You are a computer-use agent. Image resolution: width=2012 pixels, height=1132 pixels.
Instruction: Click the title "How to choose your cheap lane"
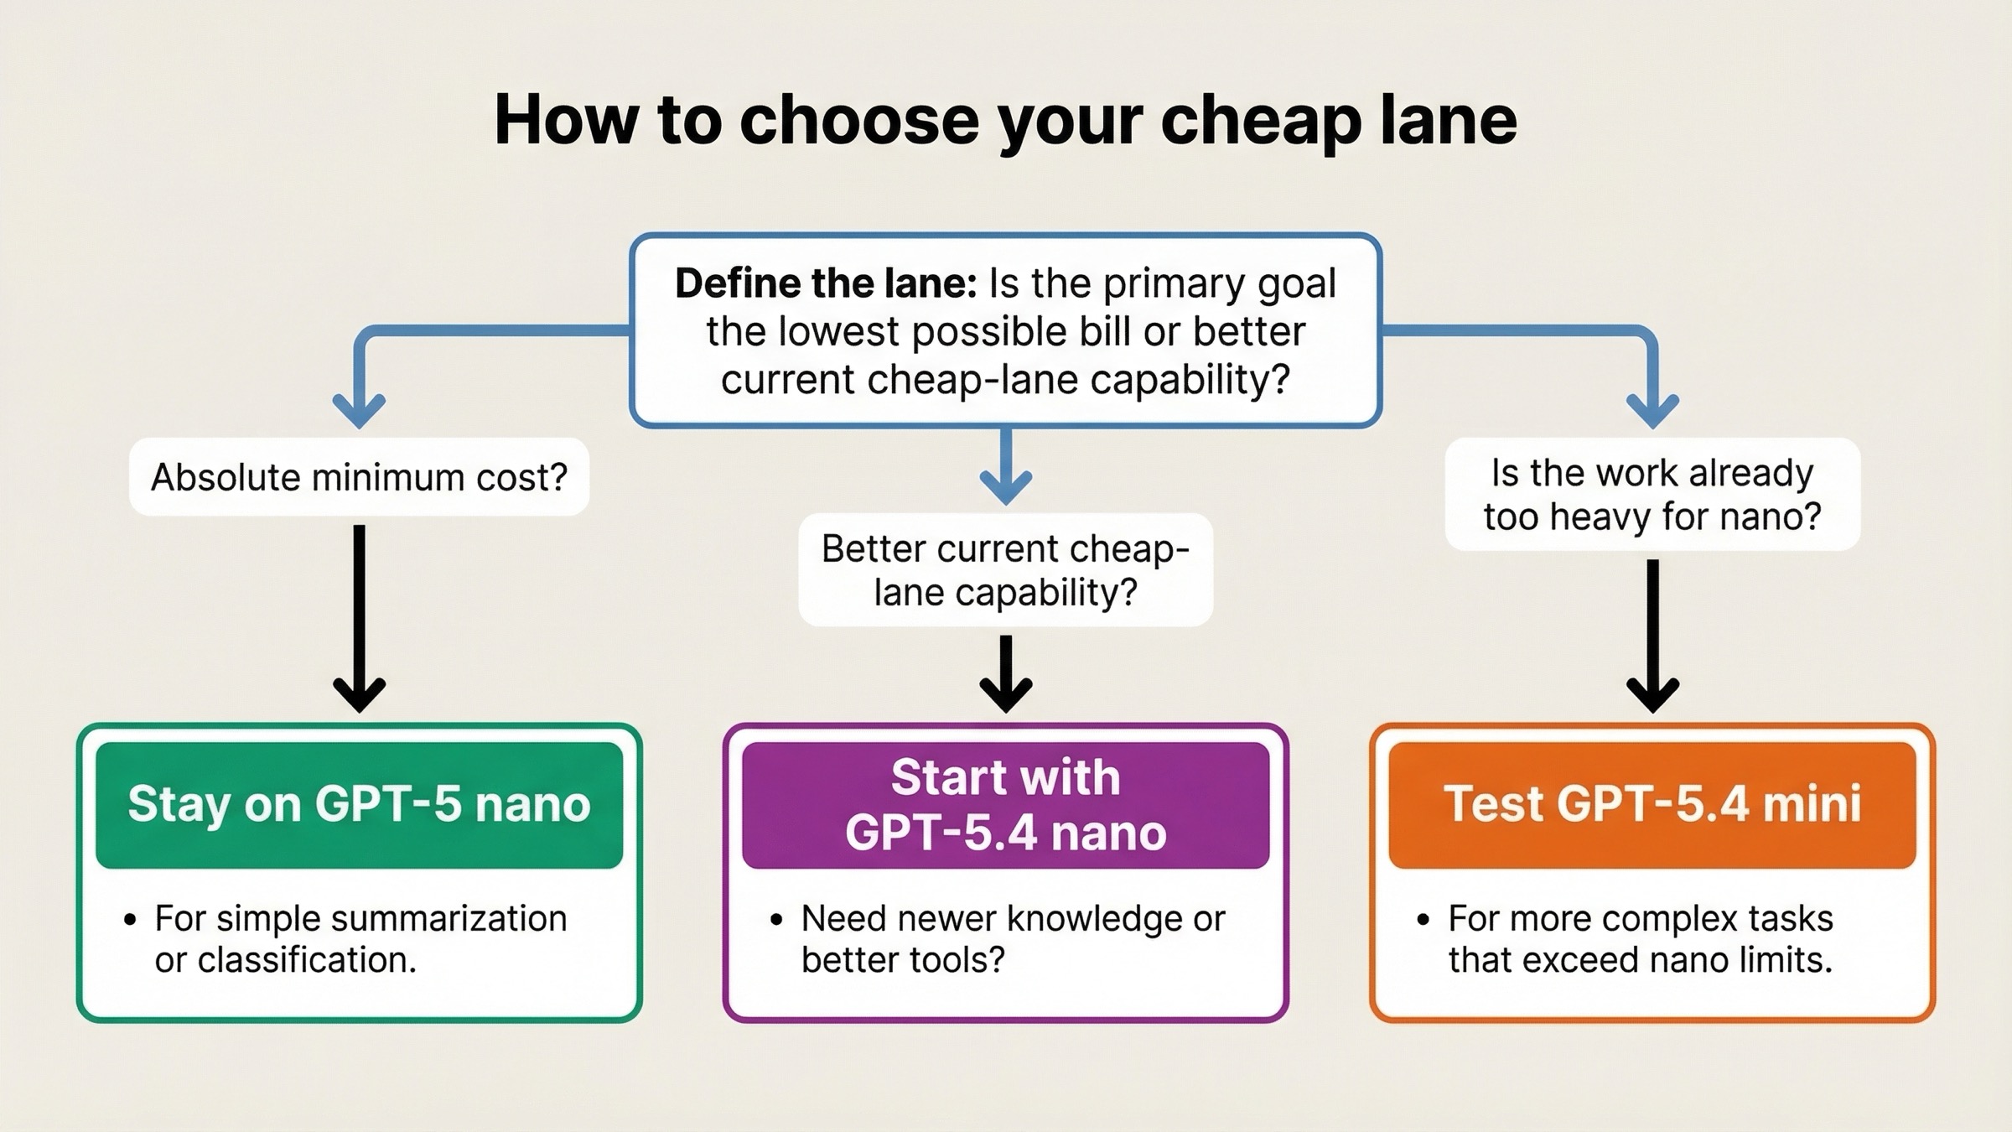1005,120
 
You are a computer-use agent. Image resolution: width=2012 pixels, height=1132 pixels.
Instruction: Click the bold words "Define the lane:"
825,283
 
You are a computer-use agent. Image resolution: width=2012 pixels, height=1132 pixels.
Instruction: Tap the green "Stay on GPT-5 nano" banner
359,804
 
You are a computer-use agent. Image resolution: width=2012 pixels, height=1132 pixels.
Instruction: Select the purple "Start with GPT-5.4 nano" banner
1005,804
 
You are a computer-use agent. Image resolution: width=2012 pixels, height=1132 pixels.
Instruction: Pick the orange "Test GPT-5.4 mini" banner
1652,804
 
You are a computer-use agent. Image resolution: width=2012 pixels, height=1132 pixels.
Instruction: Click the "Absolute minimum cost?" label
359,477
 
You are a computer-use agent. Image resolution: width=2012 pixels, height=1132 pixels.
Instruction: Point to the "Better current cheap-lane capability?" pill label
1005,570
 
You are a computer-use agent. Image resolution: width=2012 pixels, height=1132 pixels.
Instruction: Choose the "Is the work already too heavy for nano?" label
1652,495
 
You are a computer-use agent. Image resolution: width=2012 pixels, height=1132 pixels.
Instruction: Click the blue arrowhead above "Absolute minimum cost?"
359,409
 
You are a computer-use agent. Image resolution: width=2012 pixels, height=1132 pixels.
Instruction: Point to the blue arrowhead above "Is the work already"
1652,409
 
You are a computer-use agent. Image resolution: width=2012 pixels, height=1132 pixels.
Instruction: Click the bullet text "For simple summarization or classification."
360,939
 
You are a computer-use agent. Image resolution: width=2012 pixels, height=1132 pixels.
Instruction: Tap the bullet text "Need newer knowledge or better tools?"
1013,939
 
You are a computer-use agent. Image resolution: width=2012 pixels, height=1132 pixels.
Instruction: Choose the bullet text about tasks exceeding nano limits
1640,939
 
